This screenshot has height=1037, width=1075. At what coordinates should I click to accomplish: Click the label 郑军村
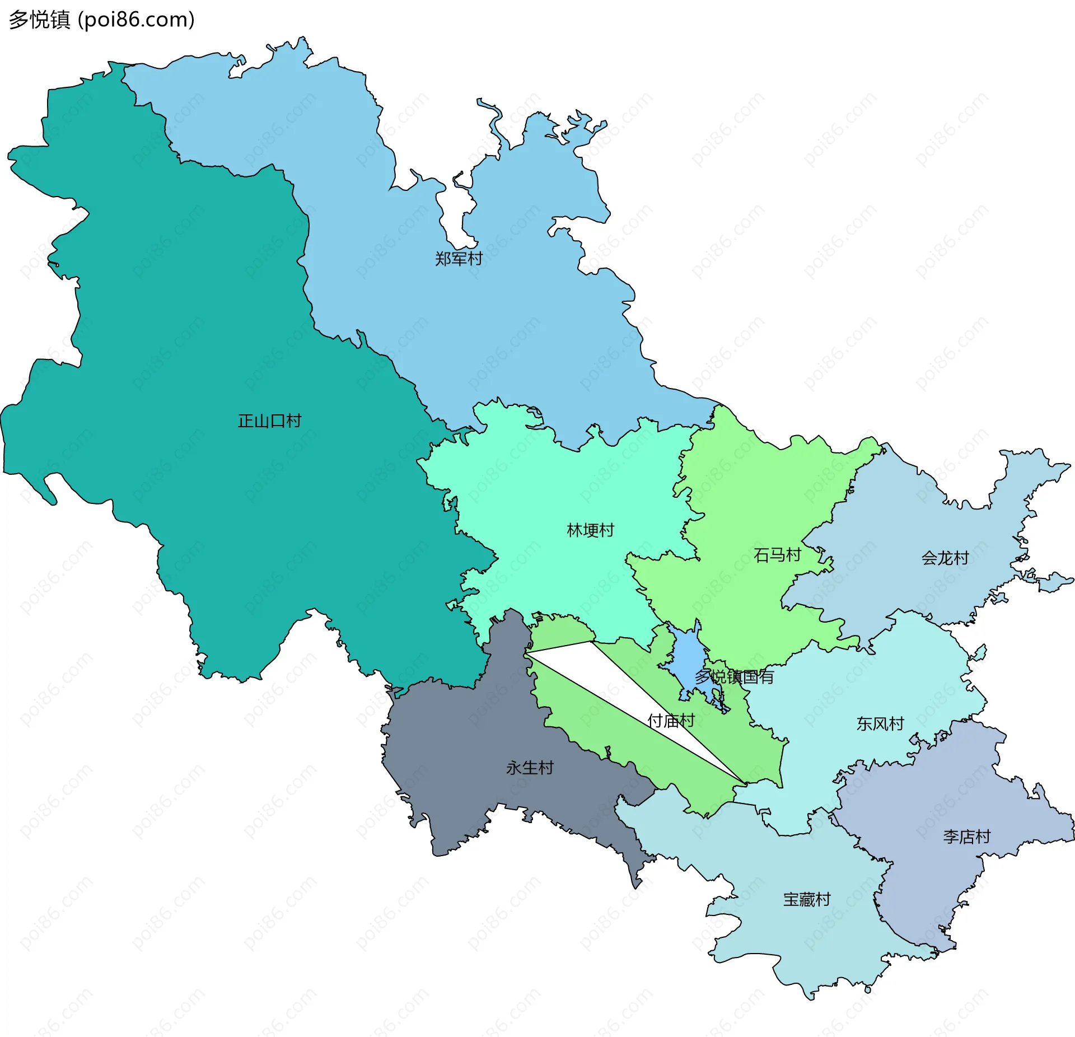[x=459, y=259]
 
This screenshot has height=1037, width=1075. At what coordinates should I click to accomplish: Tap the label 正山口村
[x=269, y=421]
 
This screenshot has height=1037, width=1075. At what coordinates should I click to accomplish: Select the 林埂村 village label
[x=590, y=530]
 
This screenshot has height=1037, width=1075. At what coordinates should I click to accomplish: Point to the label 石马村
[x=777, y=555]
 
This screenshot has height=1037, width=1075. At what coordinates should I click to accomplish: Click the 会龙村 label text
[x=945, y=558]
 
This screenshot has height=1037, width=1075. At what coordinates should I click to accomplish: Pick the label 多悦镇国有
[x=734, y=677]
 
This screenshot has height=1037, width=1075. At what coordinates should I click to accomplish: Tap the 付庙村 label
[x=671, y=721]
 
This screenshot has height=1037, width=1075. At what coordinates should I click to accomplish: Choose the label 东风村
[x=880, y=724]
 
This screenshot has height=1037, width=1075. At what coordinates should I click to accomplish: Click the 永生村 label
[x=530, y=768]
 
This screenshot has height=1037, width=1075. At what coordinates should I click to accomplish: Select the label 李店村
[x=966, y=837]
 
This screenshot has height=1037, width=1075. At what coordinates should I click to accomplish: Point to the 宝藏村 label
[x=806, y=899]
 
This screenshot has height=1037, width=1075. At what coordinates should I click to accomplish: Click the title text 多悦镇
[x=39, y=20]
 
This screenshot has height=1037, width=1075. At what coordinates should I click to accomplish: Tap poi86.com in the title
[x=136, y=20]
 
